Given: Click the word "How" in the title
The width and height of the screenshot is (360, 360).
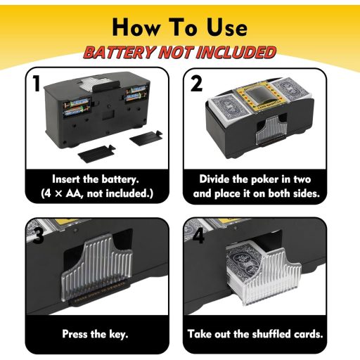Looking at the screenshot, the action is click(x=136, y=27).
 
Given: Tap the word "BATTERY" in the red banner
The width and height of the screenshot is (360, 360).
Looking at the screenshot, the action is click(x=120, y=52).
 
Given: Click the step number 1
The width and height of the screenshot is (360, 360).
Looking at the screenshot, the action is click(x=37, y=83).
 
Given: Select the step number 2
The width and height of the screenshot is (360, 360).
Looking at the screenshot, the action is click(x=196, y=84).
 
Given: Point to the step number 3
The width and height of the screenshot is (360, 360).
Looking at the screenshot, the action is click(x=38, y=235).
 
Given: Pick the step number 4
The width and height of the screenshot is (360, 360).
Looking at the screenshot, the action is click(x=198, y=235).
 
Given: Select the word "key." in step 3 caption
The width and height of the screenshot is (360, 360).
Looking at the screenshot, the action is click(x=119, y=334).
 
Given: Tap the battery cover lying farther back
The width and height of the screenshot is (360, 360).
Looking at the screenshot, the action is click(x=146, y=138).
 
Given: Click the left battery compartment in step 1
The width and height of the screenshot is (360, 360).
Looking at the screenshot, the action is click(x=77, y=108).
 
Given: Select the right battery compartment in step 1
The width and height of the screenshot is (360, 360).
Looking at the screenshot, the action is click(x=135, y=94).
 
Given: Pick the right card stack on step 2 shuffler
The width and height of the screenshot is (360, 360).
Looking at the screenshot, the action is click(x=290, y=91).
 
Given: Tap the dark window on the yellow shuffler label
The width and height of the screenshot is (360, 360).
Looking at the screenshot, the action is click(x=256, y=97).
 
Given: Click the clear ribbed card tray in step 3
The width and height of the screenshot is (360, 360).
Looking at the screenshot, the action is click(x=96, y=268).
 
